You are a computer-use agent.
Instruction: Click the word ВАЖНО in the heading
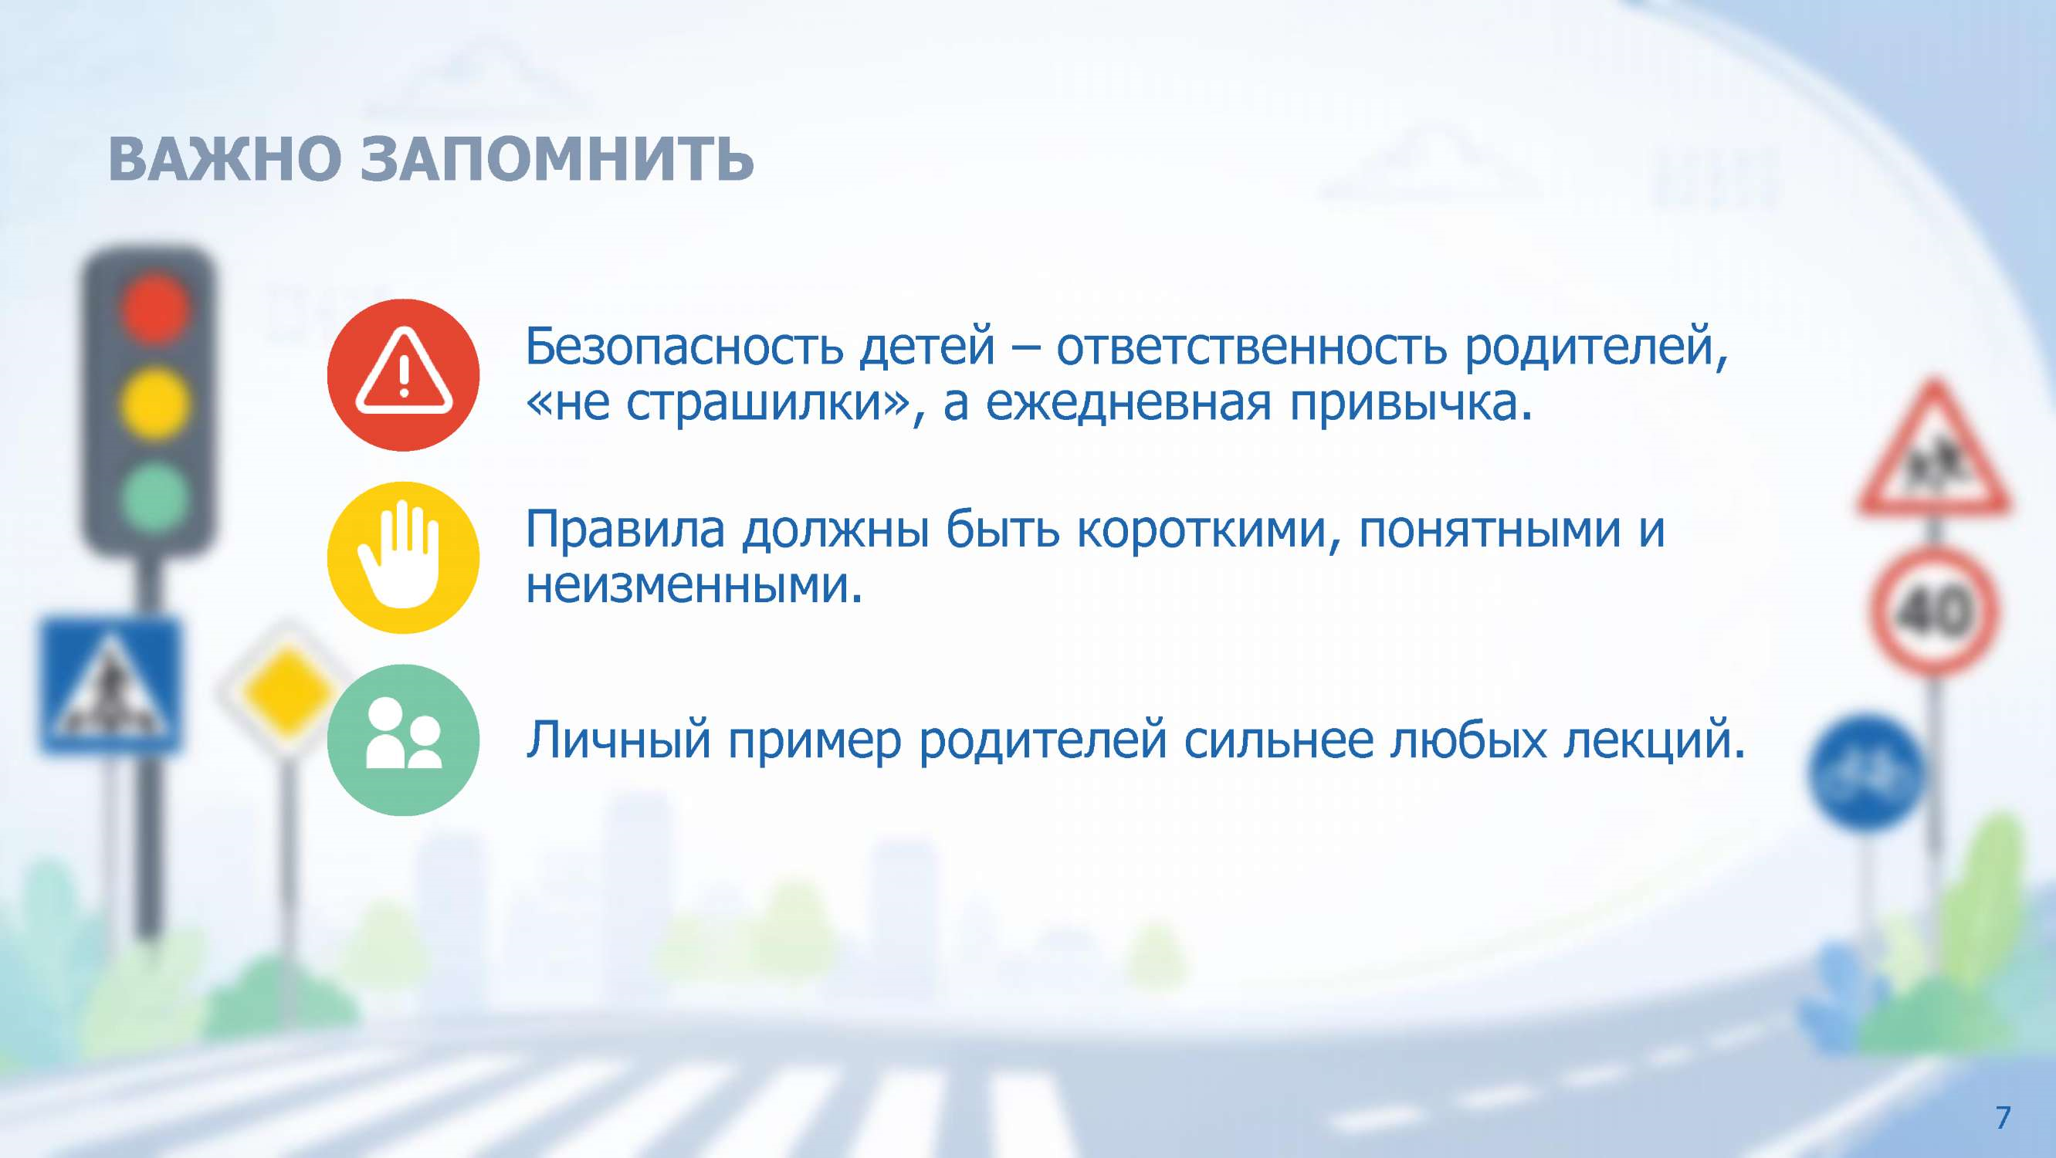tap(225, 159)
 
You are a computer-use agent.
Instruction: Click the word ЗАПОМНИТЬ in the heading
tap(557, 159)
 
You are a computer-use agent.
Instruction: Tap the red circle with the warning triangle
tap(403, 375)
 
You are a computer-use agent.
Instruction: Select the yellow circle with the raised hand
tap(403, 558)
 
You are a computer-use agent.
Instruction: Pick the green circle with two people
tap(403, 740)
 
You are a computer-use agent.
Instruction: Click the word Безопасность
tap(684, 347)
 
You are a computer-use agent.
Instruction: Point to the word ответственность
tap(1252, 348)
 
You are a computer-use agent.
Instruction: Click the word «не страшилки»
tap(716, 404)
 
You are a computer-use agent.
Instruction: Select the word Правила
tap(625, 529)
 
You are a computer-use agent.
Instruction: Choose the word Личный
tap(618, 740)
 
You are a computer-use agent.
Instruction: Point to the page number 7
tap(2003, 1118)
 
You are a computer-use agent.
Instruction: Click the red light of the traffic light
tap(156, 307)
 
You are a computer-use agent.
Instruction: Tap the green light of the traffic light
tap(156, 497)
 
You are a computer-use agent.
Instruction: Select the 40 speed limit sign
tap(1933, 611)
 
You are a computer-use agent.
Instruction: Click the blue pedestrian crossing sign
tap(110, 685)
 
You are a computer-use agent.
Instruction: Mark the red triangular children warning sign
tap(1933, 451)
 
